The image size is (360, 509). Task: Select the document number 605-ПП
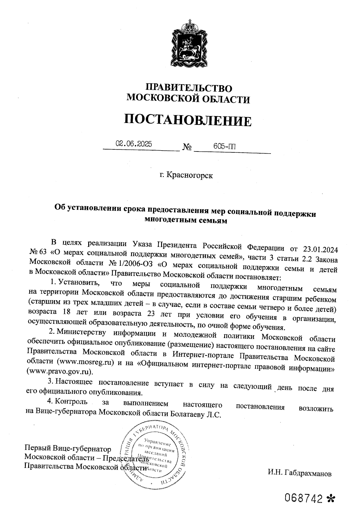tap(224, 146)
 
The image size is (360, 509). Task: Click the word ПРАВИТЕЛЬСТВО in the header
tap(189, 88)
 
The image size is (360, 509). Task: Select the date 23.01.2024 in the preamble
tap(320, 249)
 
